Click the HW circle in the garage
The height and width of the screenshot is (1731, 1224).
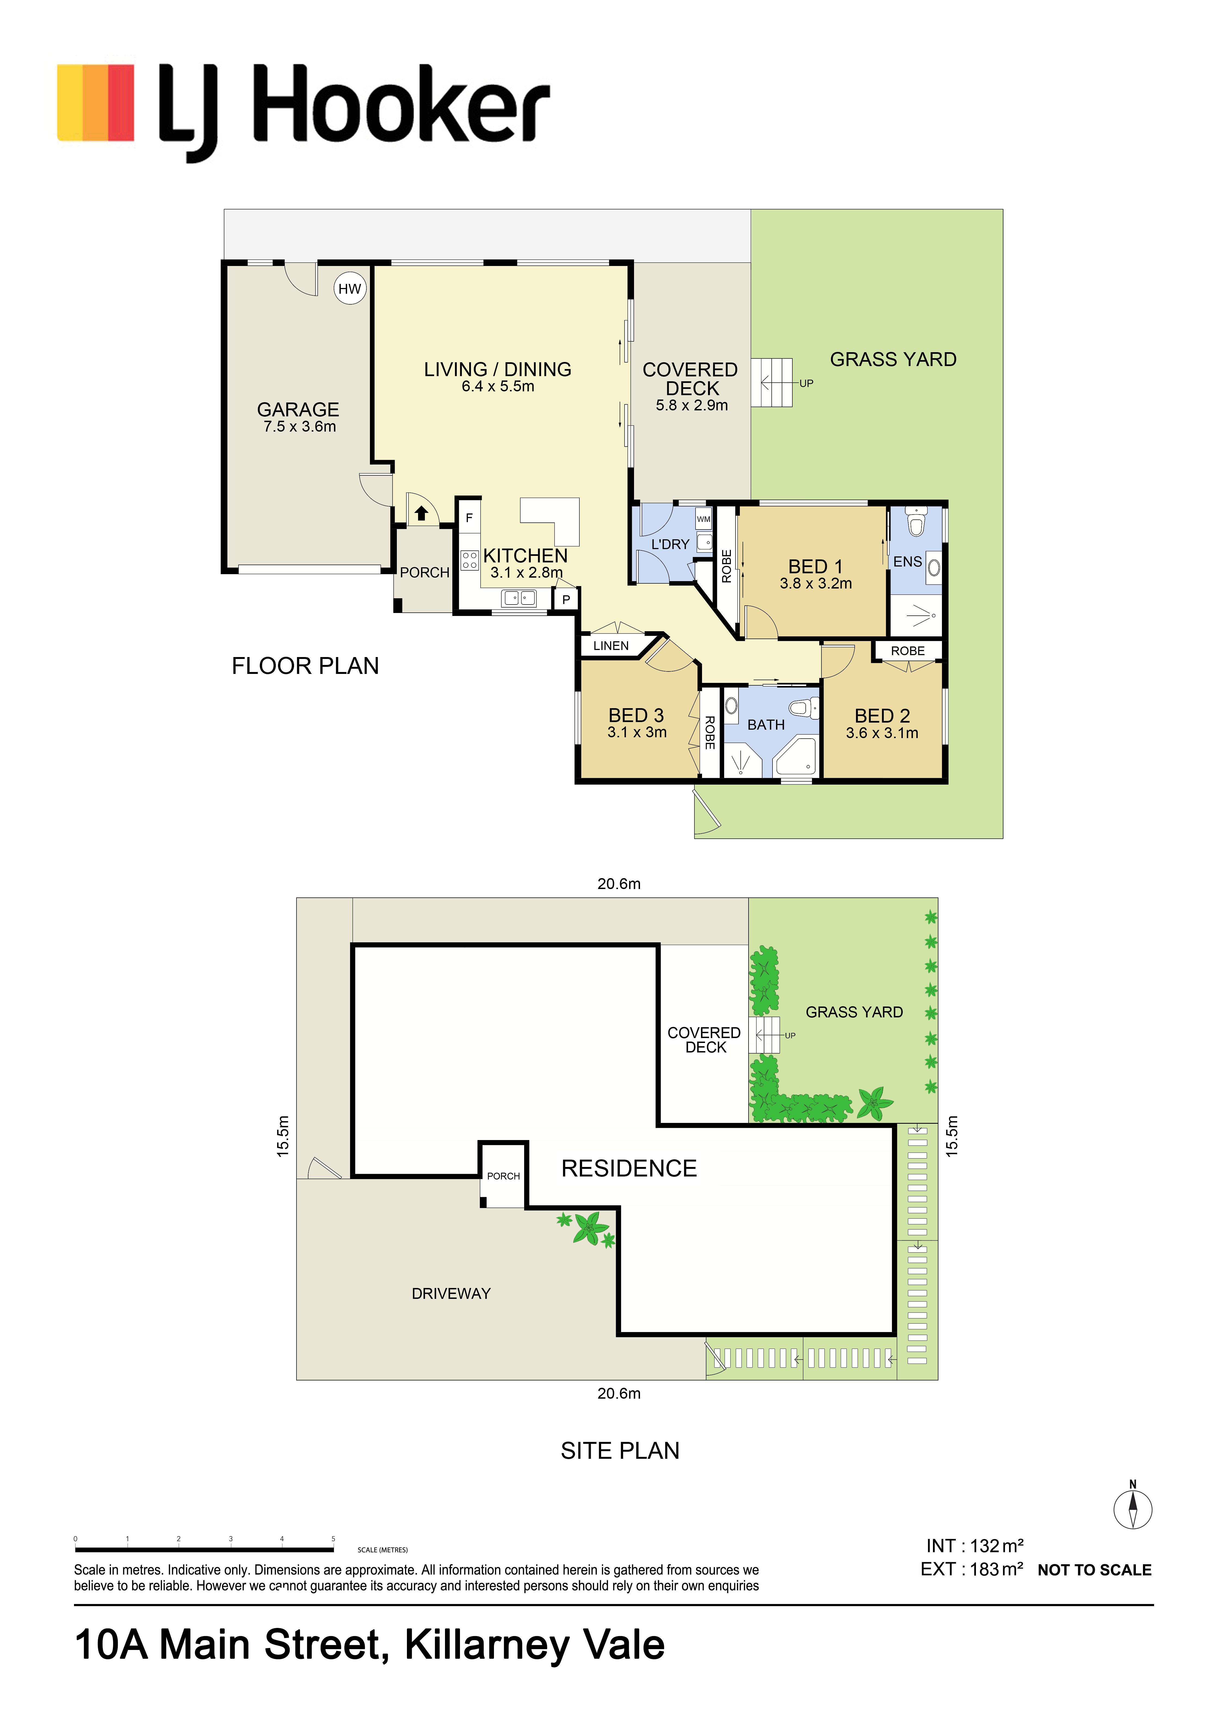[x=350, y=289]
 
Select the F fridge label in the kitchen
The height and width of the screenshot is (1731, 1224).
[x=469, y=518]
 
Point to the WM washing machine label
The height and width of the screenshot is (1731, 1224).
[x=704, y=519]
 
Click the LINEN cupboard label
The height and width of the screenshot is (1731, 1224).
[x=611, y=646]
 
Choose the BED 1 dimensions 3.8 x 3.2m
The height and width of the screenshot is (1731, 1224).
[x=816, y=584]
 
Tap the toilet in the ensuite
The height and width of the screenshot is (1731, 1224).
[x=916, y=522]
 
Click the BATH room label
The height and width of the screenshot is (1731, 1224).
[x=766, y=724]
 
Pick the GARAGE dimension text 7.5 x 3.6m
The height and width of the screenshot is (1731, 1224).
[x=299, y=427]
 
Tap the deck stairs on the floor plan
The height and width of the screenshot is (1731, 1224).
[x=771, y=383]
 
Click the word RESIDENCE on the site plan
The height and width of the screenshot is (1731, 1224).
[x=629, y=1169]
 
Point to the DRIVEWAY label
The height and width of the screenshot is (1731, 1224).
[x=451, y=1294]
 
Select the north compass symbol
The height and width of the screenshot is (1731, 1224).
[x=1133, y=1508]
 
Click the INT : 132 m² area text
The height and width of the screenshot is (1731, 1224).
[x=974, y=1546]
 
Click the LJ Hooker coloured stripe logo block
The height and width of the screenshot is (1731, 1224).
[x=96, y=103]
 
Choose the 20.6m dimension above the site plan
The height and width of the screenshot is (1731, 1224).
[x=619, y=884]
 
